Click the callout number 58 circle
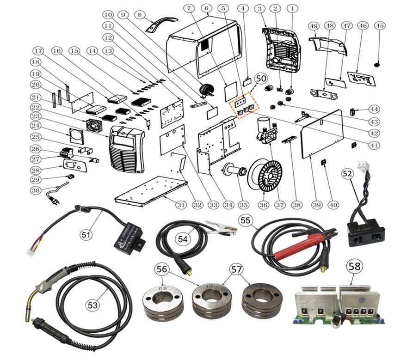pyautogui.click(x=355, y=266)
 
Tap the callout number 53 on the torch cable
pyautogui.click(x=93, y=305)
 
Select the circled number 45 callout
pyautogui.click(x=379, y=26)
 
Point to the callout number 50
pyautogui.click(x=261, y=79)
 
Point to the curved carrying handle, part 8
pyautogui.click(x=162, y=24)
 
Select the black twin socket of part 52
pyautogui.click(x=367, y=233)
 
